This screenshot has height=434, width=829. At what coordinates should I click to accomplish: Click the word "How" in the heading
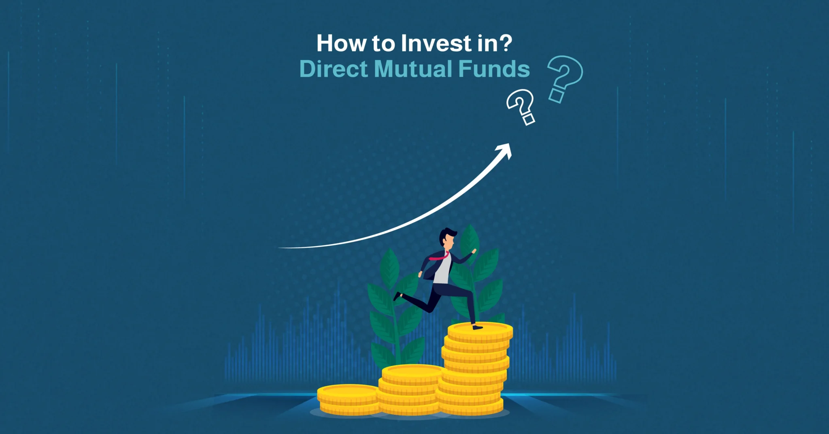(x=341, y=43)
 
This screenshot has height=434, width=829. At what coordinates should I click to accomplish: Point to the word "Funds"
(x=494, y=68)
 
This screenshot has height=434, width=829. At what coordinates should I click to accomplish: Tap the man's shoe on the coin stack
(x=478, y=326)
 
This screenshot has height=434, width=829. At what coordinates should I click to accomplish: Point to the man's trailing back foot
(x=397, y=296)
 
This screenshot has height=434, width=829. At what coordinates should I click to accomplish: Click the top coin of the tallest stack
(x=480, y=331)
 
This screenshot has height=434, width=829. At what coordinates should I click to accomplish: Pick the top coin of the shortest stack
(x=348, y=393)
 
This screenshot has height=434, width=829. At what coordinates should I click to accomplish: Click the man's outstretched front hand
(x=474, y=251)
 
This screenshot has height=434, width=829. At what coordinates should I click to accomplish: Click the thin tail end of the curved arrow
(x=279, y=247)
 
